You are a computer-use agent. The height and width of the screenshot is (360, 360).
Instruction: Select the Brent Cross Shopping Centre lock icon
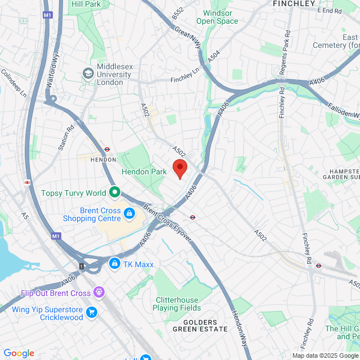[x=129, y=213]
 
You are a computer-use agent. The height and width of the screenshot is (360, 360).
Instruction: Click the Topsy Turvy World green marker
[x=115, y=193]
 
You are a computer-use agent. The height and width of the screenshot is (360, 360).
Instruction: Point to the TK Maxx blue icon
[x=114, y=263]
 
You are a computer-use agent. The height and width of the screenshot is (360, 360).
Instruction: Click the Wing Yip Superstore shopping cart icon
[x=91, y=312]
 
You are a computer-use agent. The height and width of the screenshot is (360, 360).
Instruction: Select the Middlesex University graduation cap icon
[x=87, y=73]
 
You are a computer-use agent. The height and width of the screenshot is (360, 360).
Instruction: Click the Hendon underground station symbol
[x=106, y=150]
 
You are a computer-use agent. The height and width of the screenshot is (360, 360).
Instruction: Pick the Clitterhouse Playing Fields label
[x=176, y=304]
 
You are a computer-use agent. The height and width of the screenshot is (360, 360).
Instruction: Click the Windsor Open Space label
[x=217, y=17]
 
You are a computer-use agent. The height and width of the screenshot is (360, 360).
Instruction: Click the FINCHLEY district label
[x=293, y=3]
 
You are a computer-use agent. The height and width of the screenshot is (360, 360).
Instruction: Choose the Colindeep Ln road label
[x=13, y=83]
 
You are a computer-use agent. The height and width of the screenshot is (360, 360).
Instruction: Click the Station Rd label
[x=66, y=138]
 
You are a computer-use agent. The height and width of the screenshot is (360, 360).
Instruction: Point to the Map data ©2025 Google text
[x=325, y=355]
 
